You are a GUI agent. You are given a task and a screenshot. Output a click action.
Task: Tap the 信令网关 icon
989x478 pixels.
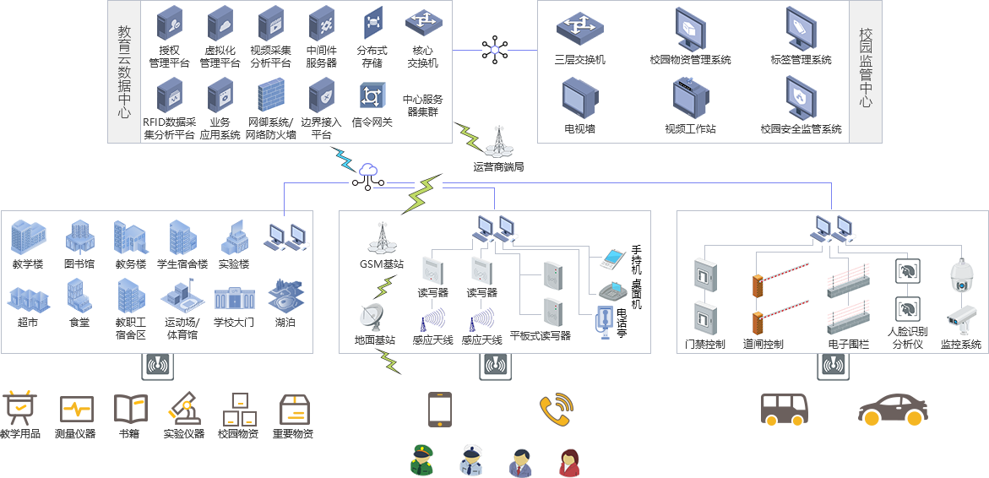[x=371, y=95]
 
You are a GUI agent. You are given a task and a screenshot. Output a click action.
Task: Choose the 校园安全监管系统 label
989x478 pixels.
[x=801, y=129]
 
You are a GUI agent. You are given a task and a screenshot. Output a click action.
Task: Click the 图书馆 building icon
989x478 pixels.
[x=80, y=236]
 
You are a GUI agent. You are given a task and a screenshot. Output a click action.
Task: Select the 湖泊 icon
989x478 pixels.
[x=285, y=296]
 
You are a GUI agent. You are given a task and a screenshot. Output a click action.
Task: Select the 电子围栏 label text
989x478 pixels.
[x=848, y=345]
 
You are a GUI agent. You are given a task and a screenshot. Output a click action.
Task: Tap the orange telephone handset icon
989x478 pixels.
[x=557, y=409]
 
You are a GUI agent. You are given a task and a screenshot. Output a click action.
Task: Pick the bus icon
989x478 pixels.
[x=784, y=410]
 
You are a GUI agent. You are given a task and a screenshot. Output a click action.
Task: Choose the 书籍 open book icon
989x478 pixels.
[x=130, y=410]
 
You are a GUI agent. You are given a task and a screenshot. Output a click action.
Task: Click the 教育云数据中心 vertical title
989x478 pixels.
[x=124, y=71]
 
